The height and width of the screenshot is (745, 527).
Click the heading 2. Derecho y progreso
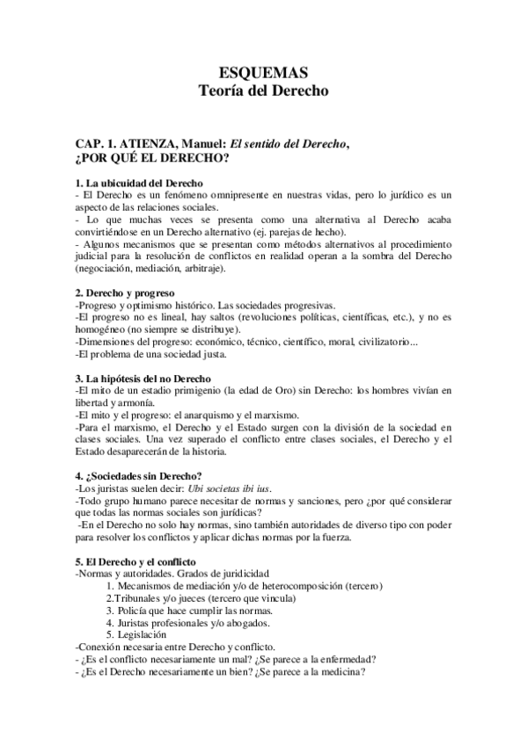point(125,293)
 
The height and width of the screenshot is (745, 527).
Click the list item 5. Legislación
point(136,634)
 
